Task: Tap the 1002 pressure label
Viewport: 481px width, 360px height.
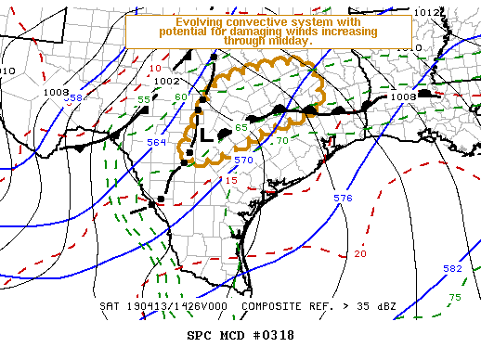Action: (167, 82)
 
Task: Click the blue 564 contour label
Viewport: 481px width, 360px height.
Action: (157, 142)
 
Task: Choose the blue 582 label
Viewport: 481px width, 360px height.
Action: (452, 268)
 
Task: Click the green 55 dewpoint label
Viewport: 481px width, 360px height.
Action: (145, 99)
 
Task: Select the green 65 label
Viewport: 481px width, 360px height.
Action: (241, 127)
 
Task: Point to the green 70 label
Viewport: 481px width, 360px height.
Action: (282, 140)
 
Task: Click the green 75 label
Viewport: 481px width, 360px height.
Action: (454, 297)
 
